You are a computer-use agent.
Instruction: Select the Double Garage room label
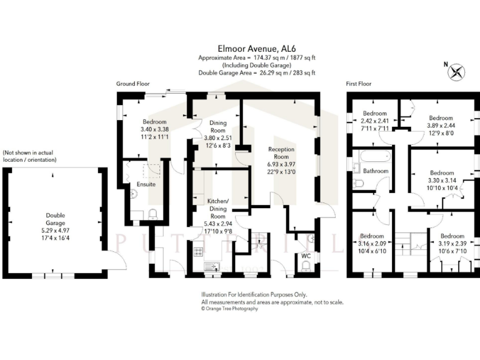point(54,219)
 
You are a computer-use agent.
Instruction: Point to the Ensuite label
point(146,184)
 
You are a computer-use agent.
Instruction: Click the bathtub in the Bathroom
point(372,157)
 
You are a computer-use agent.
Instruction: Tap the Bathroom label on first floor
point(376,171)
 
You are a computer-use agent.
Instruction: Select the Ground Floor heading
point(133,84)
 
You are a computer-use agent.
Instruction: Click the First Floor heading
point(359,84)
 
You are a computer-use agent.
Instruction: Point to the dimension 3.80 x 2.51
point(217,138)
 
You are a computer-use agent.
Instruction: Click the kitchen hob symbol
point(199,252)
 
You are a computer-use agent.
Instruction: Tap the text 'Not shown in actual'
point(29,152)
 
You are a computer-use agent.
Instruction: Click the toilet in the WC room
point(306,267)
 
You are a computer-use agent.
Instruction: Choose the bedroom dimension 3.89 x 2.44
point(441,126)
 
